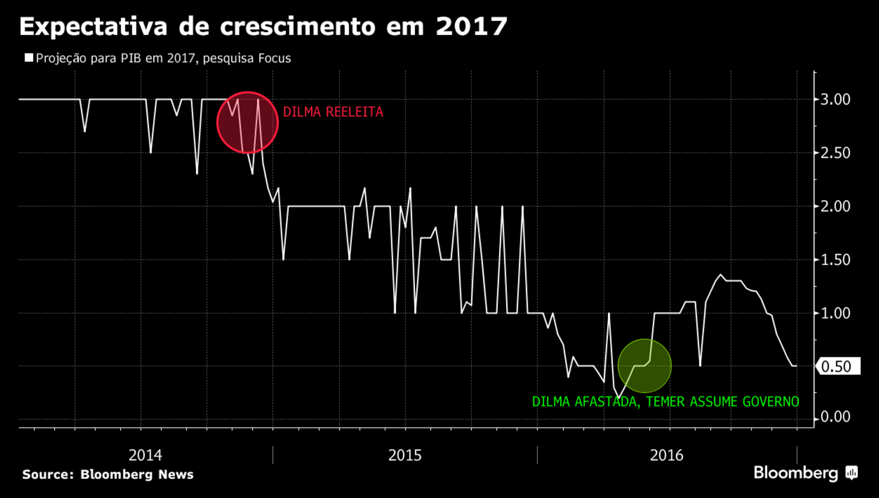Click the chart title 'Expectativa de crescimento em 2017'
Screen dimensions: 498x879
pyautogui.click(x=263, y=27)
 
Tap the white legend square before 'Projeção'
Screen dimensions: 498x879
pyautogui.click(x=29, y=58)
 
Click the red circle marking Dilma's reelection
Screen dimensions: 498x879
pyautogui.click(x=247, y=123)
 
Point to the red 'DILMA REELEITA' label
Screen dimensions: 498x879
pyautogui.click(x=333, y=112)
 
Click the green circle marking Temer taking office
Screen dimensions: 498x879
pyautogui.click(x=644, y=366)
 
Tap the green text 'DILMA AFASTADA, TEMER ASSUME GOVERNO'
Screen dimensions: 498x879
pyautogui.click(x=665, y=402)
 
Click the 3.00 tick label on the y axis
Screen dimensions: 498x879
pyautogui.click(x=835, y=99)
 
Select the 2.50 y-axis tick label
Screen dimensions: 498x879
pyautogui.click(x=835, y=153)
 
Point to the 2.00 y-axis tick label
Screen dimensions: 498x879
pyautogui.click(x=835, y=206)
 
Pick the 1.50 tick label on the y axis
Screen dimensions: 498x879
pyautogui.click(x=835, y=260)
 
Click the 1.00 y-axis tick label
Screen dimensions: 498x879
pyautogui.click(x=835, y=313)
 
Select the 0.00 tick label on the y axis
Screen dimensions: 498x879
pyautogui.click(x=835, y=417)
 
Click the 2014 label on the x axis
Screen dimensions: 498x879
pyautogui.click(x=145, y=456)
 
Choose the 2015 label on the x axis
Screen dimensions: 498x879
pyautogui.click(x=405, y=456)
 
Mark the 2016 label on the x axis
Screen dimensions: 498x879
pyautogui.click(x=666, y=456)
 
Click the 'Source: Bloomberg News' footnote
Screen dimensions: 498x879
pyautogui.click(x=108, y=475)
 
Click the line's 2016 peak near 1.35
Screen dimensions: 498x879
pyautogui.click(x=721, y=275)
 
